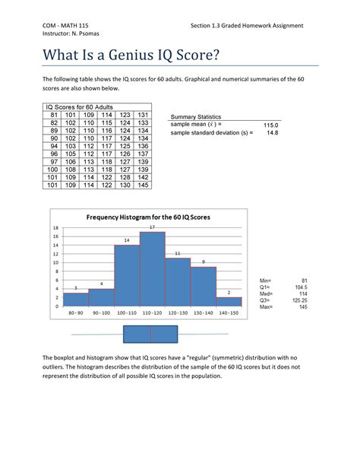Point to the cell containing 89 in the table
54,131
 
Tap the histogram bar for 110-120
152,269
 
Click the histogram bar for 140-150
229,302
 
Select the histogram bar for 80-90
75,299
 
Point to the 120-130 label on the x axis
178,313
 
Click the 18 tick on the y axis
55,228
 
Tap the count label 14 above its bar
126,240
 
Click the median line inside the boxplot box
150,334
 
